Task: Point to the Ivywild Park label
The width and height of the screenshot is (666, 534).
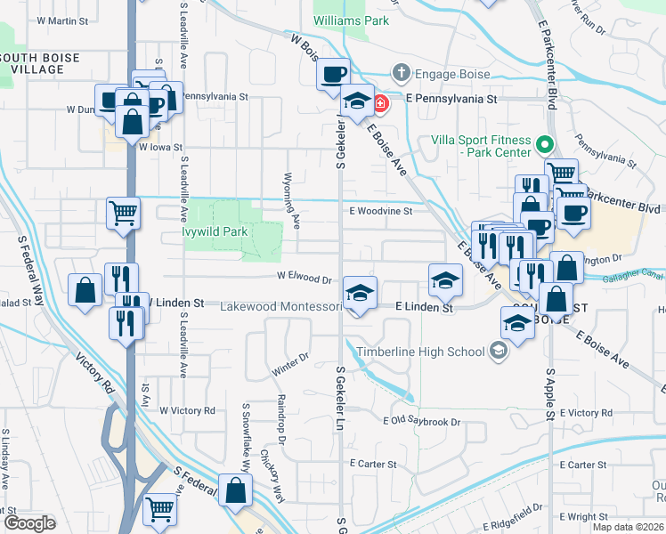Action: pyautogui.click(x=215, y=231)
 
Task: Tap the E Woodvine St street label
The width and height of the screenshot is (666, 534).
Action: pyautogui.click(x=380, y=212)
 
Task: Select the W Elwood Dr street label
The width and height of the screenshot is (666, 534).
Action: pyautogui.click(x=304, y=278)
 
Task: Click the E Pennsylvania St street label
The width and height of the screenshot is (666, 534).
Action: pyautogui.click(x=451, y=100)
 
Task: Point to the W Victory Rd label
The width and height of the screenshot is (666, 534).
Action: pyautogui.click(x=187, y=410)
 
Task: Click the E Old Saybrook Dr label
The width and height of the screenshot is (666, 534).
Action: pyautogui.click(x=421, y=421)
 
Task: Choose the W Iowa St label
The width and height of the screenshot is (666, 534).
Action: pyautogui.click(x=160, y=148)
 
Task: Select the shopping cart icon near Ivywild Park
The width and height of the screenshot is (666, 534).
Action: pyautogui.click(x=123, y=212)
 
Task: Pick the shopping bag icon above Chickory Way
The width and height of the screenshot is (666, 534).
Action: pyautogui.click(x=235, y=489)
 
